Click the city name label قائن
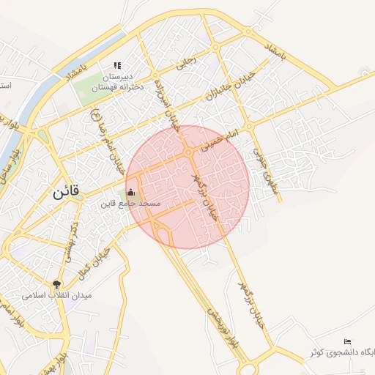point(65,194)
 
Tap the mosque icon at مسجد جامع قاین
point(131,193)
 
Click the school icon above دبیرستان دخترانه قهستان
point(117,66)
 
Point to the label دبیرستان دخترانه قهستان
point(116,81)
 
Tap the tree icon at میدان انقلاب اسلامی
point(56,284)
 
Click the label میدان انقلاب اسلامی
point(56,296)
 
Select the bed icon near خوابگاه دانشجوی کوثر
point(347,342)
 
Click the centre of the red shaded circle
point(187,187)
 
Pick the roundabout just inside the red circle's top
point(189,152)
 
